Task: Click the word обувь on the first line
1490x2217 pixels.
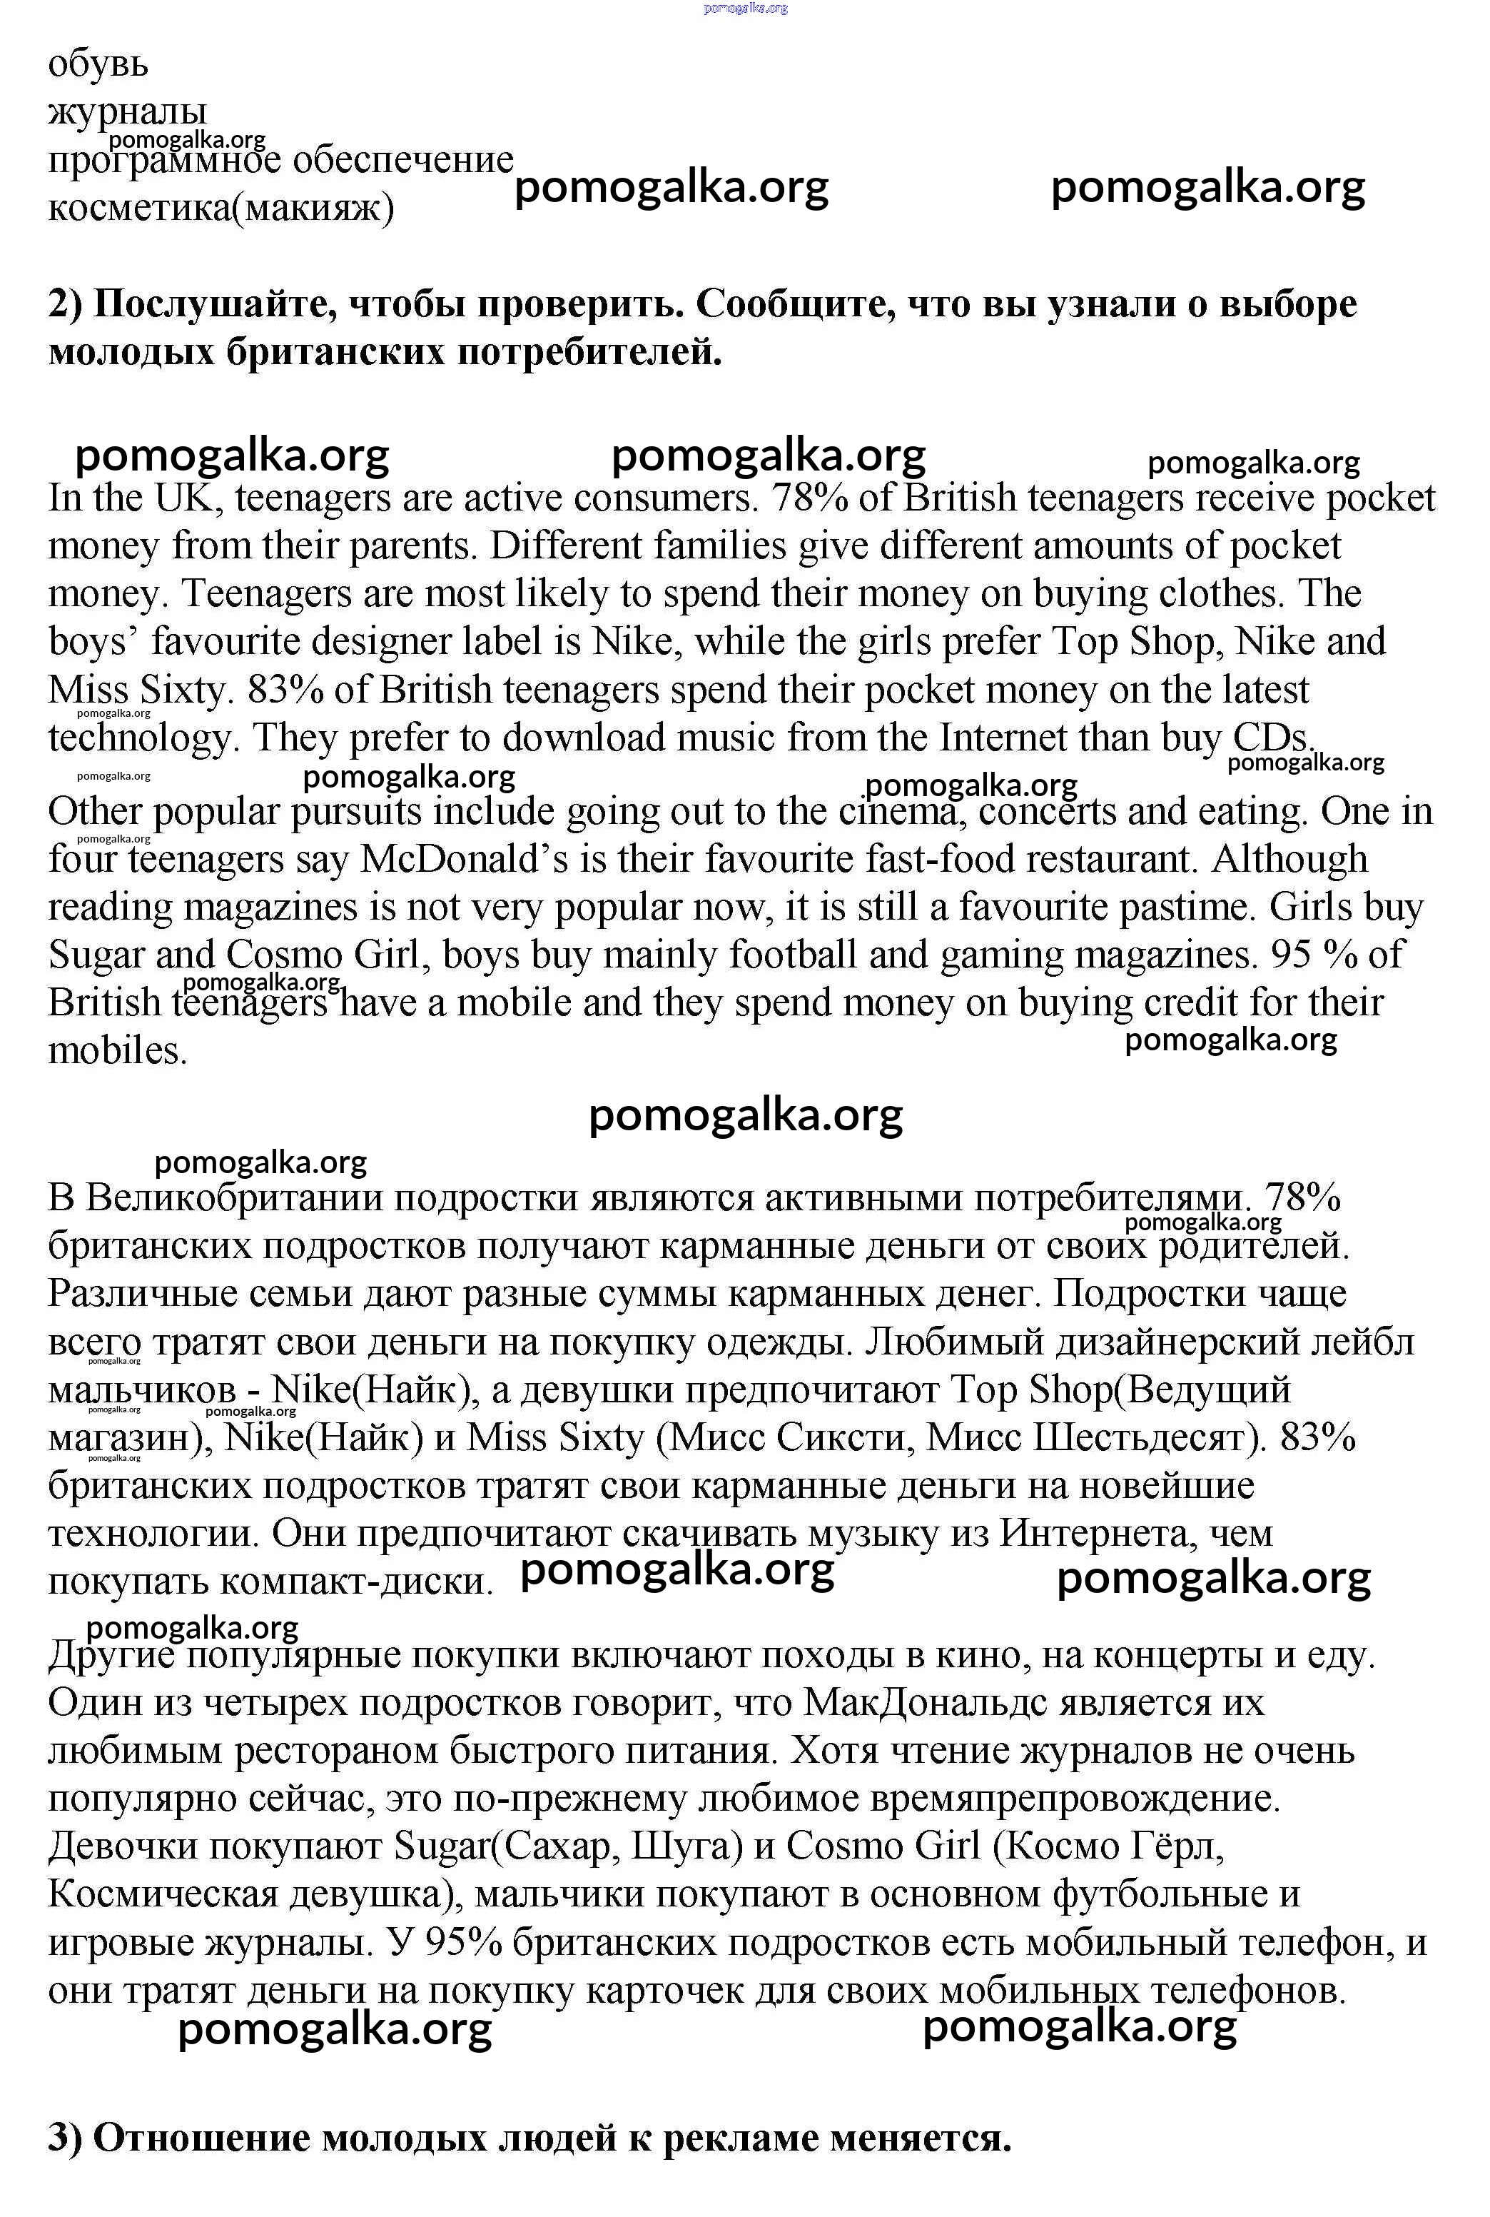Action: [98, 65]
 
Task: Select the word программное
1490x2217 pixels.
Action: [167, 160]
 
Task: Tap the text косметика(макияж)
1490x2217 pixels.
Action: [221, 207]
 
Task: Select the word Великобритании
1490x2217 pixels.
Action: [233, 1198]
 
